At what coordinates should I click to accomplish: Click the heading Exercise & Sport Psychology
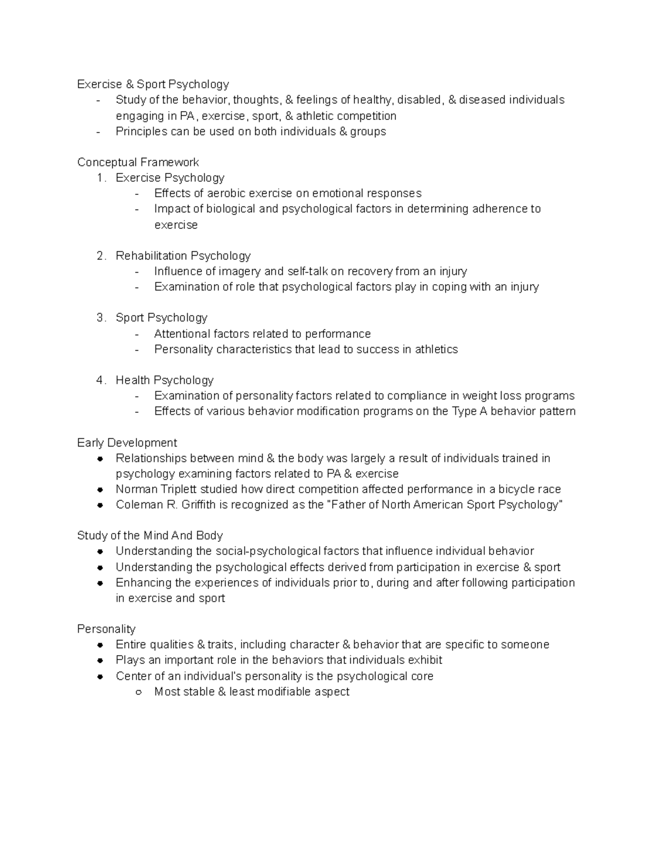[x=153, y=84]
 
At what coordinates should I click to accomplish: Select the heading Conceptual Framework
[x=138, y=162]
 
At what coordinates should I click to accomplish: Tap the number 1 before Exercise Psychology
[x=100, y=178]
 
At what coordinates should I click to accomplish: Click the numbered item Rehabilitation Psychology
[x=183, y=256]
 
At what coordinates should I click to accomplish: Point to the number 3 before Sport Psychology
[x=100, y=318]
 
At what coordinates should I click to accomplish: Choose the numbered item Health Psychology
[x=164, y=380]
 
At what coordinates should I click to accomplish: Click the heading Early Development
[x=127, y=442]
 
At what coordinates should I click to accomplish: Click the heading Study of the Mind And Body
[x=149, y=535]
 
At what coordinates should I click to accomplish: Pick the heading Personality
[x=106, y=629]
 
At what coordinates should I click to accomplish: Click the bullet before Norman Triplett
[x=100, y=489]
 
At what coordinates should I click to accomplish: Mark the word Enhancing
[x=142, y=582]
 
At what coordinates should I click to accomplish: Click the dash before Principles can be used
[x=98, y=132]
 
